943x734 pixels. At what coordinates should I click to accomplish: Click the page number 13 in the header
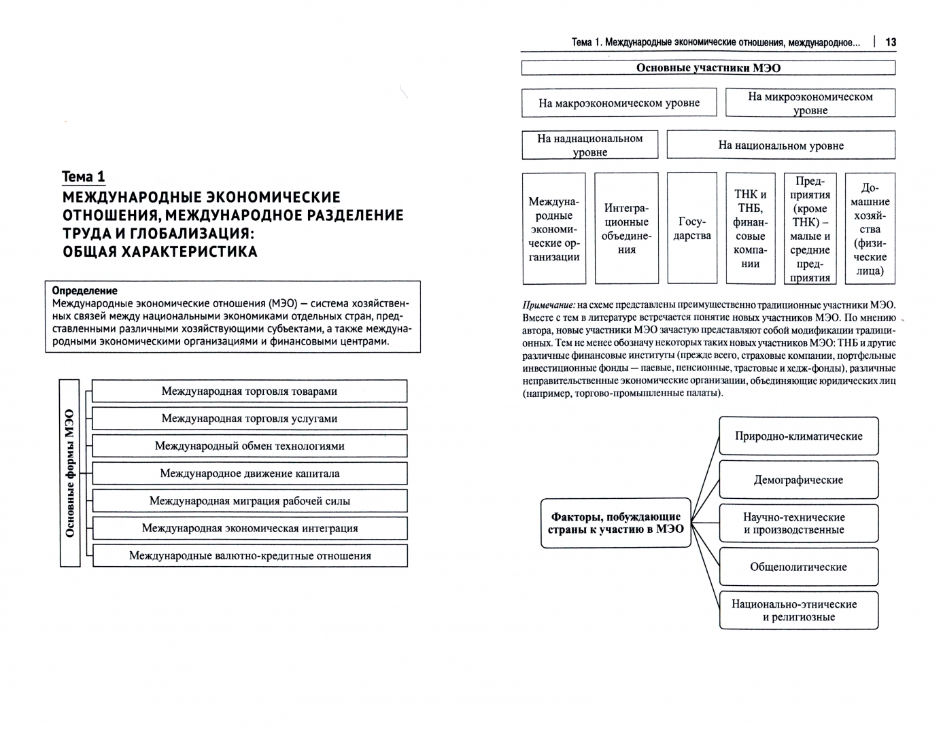[x=891, y=42]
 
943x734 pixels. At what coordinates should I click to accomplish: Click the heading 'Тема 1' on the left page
[x=83, y=177]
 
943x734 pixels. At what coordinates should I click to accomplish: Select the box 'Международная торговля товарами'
[x=249, y=391]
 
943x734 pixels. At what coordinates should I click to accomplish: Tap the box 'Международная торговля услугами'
[x=249, y=419]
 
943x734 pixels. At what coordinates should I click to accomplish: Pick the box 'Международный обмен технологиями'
[x=249, y=447]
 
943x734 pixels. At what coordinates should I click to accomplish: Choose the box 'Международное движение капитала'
[x=249, y=474]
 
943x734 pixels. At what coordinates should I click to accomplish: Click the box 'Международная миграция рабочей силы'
[x=249, y=501]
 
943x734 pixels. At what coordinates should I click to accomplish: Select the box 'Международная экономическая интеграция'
[x=249, y=528]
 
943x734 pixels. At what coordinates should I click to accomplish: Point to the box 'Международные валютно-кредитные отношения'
[x=249, y=556]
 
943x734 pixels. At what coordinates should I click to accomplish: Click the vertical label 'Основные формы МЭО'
[x=70, y=473]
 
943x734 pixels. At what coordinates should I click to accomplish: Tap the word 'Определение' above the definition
[x=84, y=291]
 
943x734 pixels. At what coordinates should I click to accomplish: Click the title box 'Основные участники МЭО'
[x=708, y=68]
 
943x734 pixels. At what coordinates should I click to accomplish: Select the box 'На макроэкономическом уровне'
[x=619, y=103]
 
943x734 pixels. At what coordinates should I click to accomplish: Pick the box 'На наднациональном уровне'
[x=589, y=145]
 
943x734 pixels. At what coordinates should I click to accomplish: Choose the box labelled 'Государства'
[x=691, y=228]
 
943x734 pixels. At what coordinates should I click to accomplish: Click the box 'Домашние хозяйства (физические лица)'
[x=870, y=228]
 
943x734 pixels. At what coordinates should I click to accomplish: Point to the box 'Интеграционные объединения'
[x=626, y=228]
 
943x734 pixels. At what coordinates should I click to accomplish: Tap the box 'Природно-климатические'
[x=798, y=436]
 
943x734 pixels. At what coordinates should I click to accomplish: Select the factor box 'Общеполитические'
[x=798, y=567]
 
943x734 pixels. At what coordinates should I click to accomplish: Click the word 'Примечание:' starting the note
[x=549, y=304]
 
